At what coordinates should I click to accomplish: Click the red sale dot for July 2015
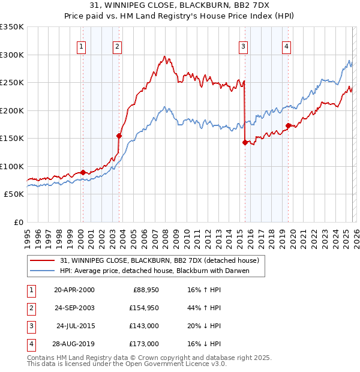click(x=245, y=142)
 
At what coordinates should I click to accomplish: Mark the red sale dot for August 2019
click(x=288, y=125)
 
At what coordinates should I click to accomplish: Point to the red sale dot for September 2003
click(x=119, y=136)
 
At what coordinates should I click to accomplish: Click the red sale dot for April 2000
click(x=83, y=172)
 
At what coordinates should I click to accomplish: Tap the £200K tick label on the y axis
click(x=12, y=110)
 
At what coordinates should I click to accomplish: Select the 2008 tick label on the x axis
click(x=166, y=234)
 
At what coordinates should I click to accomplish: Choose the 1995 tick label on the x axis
click(x=28, y=234)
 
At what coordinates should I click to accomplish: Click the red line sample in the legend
click(x=43, y=260)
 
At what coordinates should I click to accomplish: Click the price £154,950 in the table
click(x=143, y=308)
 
